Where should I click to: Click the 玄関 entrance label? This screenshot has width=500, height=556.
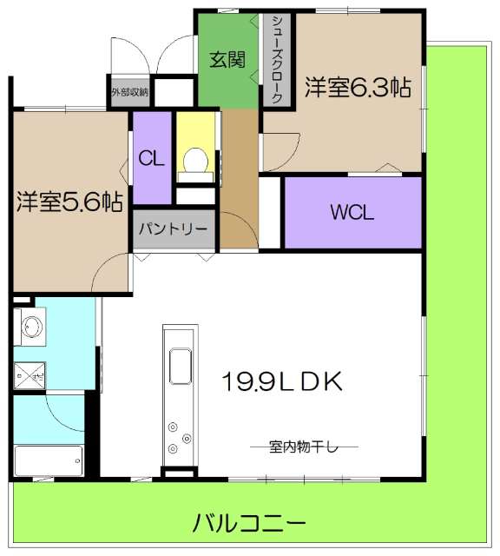coord(227,60)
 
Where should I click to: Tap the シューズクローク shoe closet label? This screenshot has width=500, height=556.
coord(276,60)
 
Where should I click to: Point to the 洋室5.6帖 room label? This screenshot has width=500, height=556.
coord(69,202)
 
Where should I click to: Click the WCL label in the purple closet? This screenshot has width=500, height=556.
coord(352,213)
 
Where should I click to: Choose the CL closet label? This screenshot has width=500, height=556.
coord(152,159)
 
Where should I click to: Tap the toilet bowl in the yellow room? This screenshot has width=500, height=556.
coord(197,161)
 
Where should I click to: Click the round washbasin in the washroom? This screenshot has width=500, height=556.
coord(31,328)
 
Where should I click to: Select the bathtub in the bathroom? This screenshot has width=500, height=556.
coord(49,460)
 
